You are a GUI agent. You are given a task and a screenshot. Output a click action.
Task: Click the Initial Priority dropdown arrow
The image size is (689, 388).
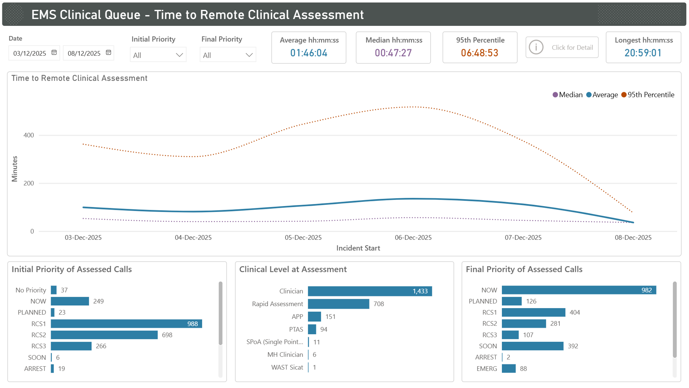(179, 55)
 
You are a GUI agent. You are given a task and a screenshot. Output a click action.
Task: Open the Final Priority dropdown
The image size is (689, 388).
(228, 55)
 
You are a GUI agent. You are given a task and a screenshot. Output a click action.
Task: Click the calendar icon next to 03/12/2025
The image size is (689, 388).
(54, 53)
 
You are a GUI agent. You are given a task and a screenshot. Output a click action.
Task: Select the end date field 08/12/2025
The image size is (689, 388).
(84, 53)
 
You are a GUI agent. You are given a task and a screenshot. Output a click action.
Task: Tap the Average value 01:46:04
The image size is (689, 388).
(308, 53)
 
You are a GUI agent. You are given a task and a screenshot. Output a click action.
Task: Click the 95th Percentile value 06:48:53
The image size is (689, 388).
(480, 53)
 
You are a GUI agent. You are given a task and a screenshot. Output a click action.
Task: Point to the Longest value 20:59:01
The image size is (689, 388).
(643, 53)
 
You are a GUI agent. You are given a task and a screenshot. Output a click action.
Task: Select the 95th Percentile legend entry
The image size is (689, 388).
(648, 95)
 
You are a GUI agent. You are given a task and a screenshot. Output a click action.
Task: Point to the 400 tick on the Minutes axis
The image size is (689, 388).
(29, 135)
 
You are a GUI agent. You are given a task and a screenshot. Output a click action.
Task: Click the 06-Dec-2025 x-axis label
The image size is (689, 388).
(413, 238)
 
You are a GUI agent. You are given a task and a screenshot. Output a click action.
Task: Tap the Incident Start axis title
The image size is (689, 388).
(358, 248)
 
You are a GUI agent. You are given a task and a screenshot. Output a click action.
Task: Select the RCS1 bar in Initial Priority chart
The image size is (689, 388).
(126, 324)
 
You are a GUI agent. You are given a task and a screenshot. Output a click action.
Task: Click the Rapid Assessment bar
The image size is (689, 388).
(338, 304)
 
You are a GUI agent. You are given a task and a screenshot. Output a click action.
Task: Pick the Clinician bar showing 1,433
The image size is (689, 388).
(370, 291)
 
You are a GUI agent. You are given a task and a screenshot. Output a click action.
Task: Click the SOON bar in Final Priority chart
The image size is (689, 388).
(532, 346)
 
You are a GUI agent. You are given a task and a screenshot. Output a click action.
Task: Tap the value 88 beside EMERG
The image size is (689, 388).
(523, 369)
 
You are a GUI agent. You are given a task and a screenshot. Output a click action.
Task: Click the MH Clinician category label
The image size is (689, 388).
(285, 355)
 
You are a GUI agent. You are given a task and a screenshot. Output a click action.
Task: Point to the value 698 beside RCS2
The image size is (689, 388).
(167, 335)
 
